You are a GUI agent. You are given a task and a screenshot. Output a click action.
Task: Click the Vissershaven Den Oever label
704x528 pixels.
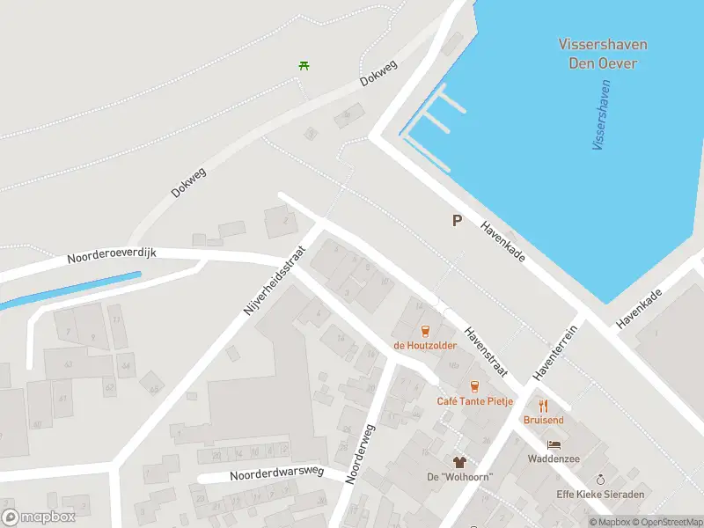click(x=602, y=53)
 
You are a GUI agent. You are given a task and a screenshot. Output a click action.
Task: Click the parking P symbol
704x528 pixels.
click(x=457, y=221)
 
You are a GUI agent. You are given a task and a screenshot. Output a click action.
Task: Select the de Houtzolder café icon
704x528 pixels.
click(x=425, y=331)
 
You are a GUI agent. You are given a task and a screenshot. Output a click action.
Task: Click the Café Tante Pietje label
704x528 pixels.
click(x=475, y=401)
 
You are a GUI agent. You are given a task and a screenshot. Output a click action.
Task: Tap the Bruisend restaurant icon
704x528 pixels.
click(x=543, y=406)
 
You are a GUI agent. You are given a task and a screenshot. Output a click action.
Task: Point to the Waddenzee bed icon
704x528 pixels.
click(x=553, y=444)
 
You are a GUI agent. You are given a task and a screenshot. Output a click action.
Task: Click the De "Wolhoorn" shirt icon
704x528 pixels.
click(x=458, y=462)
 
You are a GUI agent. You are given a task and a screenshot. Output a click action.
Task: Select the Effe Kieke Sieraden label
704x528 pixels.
click(x=600, y=494)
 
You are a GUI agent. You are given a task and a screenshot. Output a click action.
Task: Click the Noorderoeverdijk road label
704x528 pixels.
click(x=112, y=256)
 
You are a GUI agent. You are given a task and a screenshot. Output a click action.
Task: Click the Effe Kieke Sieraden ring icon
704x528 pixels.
click(x=600, y=479)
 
